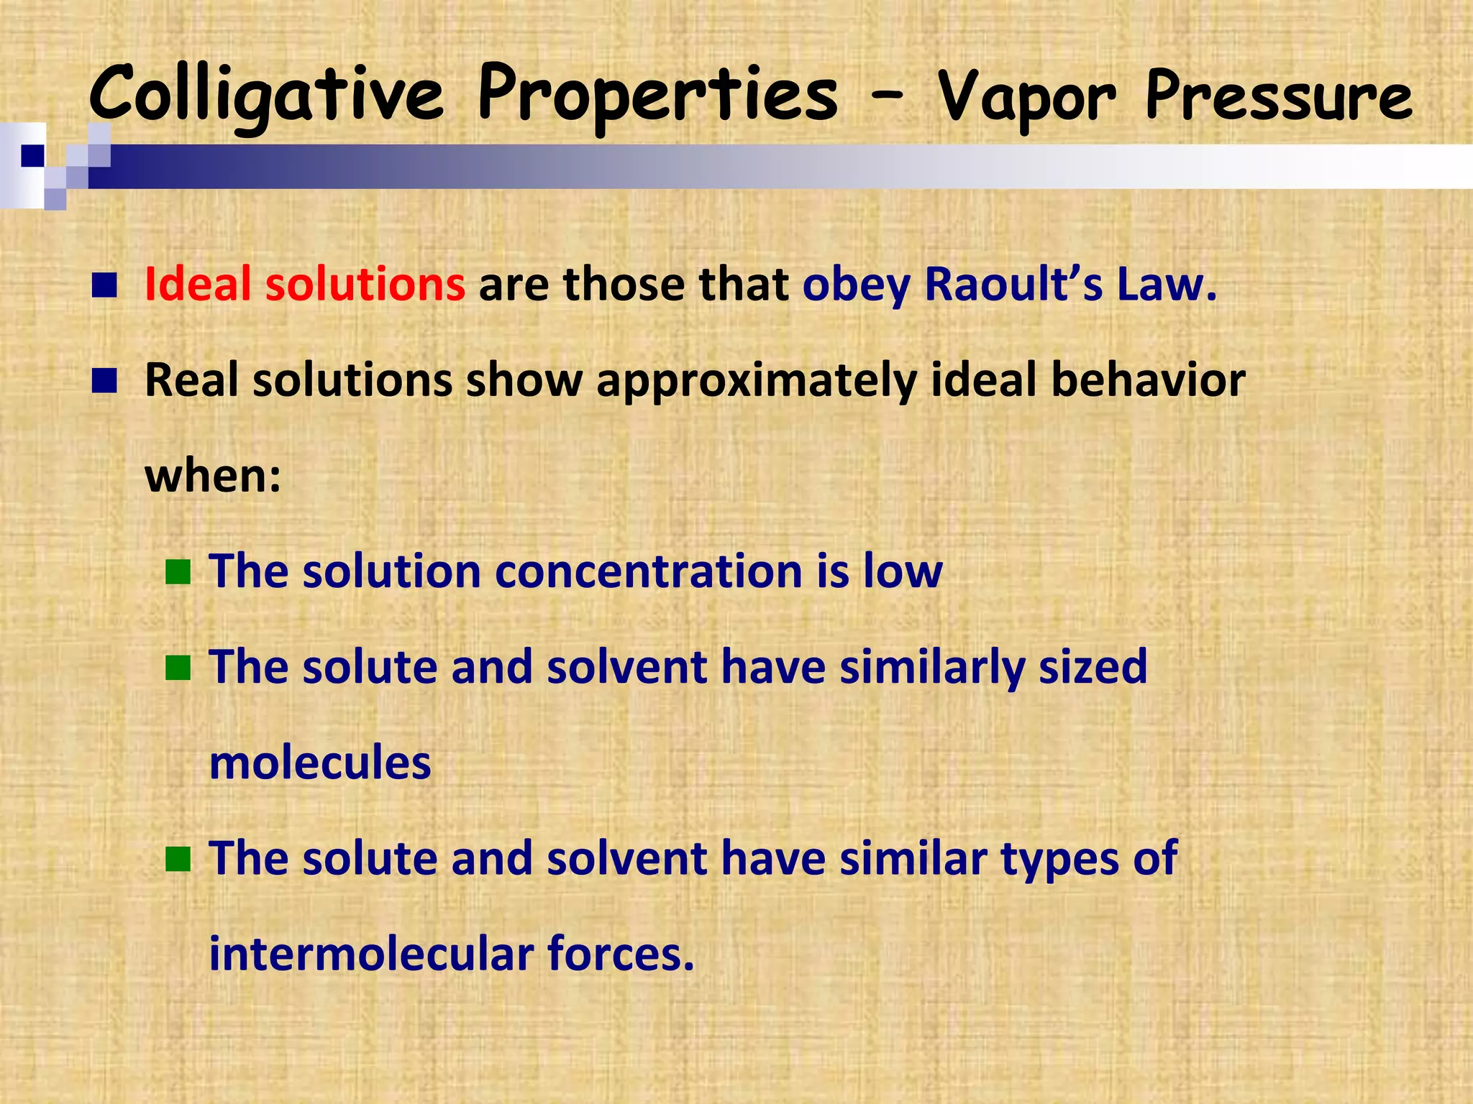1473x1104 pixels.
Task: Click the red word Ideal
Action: (x=197, y=284)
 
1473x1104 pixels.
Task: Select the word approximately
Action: (x=757, y=381)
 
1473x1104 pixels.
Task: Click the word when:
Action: (x=213, y=476)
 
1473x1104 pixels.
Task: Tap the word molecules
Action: (x=320, y=763)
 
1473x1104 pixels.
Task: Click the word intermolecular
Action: (x=370, y=954)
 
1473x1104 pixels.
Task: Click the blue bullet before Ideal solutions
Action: (x=104, y=285)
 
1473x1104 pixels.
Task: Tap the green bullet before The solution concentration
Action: (x=178, y=573)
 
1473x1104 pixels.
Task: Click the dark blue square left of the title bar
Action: (x=32, y=155)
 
